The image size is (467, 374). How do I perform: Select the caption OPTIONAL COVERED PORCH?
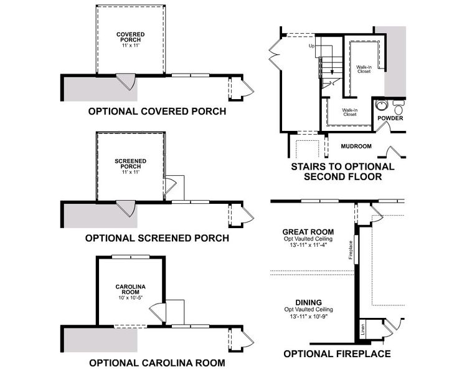(157, 112)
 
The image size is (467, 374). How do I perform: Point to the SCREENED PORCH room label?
(131, 164)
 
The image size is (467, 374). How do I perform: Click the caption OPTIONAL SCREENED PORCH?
(157, 238)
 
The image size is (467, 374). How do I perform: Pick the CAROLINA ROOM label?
(131, 289)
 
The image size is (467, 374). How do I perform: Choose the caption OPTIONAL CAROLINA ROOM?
(157, 363)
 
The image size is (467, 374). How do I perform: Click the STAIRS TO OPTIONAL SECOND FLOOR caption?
(342, 171)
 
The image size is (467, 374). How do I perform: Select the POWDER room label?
(390, 118)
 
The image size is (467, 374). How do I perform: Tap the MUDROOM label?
(356, 146)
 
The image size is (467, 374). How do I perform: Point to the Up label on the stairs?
(311, 46)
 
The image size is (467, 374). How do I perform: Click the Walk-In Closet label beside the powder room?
(364, 69)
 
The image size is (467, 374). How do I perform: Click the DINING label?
(308, 302)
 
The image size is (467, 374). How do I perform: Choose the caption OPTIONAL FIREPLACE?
(337, 354)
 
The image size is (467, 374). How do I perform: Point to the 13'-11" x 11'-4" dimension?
(308, 245)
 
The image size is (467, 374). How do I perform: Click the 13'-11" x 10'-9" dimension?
(308, 317)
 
